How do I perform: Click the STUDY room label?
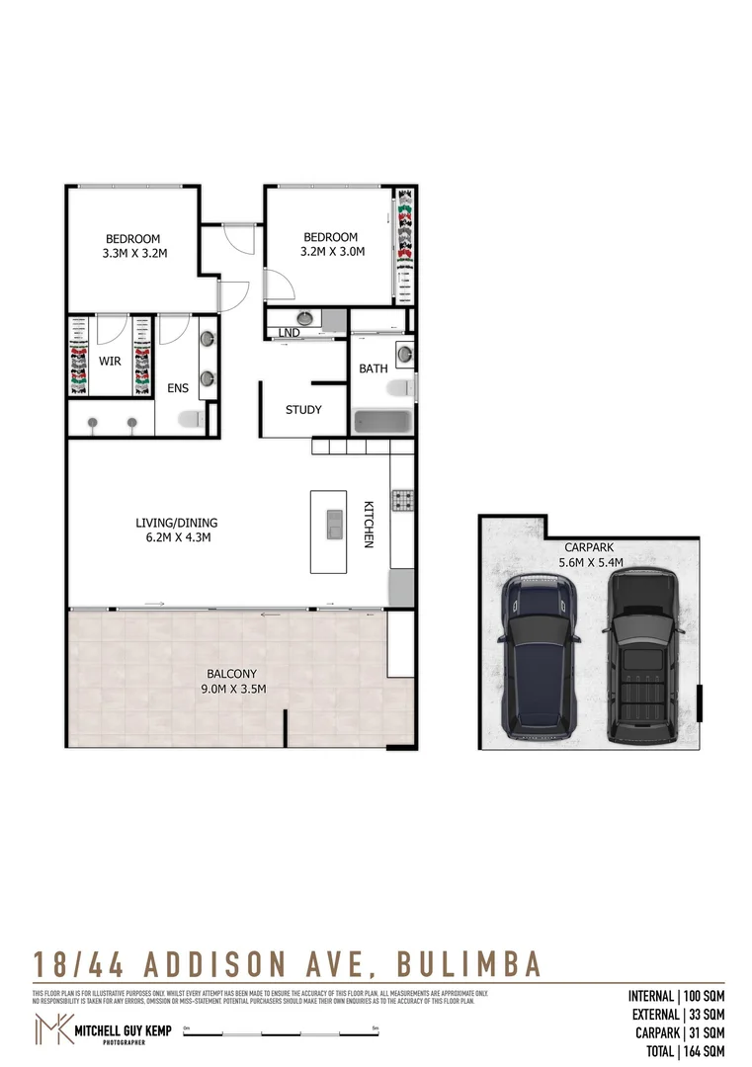(303, 410)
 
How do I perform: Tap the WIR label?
(110, 362)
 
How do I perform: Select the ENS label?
(177, 388)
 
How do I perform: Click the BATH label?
(374, 369)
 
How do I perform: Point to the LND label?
(290, 333)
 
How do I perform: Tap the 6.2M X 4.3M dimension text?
(177, 537)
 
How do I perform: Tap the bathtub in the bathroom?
(381, 421)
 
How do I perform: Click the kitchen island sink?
(335, 521)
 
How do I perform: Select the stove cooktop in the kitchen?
(402, 501)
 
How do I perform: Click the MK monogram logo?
(51, 1028)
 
